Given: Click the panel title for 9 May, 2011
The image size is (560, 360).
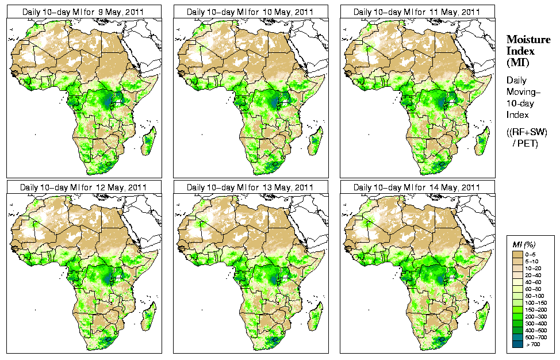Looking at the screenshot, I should pyautogui.click(x=83, y=12).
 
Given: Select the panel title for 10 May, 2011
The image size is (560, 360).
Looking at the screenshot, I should pyautogui.click(x=251, y=12).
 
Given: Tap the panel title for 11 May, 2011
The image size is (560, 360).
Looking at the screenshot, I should pyautogui.click(x=417, y=12).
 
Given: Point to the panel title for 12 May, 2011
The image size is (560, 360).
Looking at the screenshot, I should pyautogui.click(x=83, y=187).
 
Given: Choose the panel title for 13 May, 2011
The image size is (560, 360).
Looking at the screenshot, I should pyautogui.click(x=251, y=187).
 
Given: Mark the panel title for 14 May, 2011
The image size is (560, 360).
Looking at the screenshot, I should pyautogui.click(x=417, y=187).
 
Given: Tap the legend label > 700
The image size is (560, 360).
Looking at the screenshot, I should pyautogui.click(x=533, y=343).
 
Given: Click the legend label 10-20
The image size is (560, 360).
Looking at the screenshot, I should pyautogui.click(x=534, y=268).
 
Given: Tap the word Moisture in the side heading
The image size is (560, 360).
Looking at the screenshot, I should pyautogui.click(x=528, y=39).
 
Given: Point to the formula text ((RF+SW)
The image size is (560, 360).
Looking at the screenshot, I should pyautogui.click(x=527, y=132).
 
